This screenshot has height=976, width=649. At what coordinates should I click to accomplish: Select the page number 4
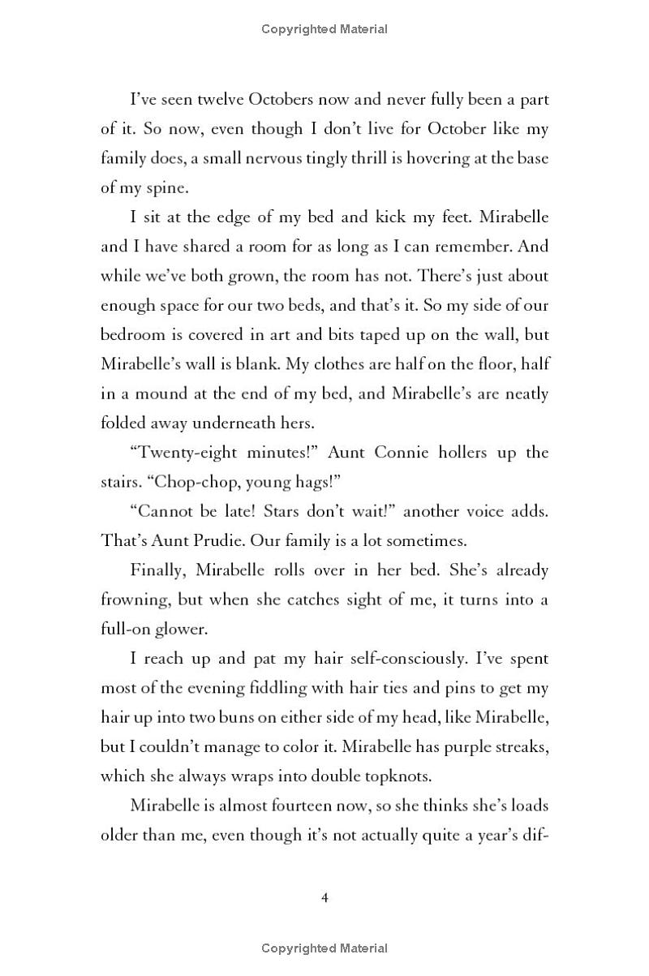pos(324,897)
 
